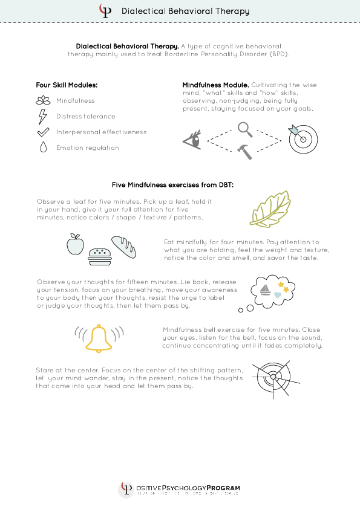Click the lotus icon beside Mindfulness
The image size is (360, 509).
(x=42, y=100)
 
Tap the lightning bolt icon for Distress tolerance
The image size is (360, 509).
(x=42, y=116)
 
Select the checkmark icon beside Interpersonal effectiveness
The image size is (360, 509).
(x=42, y=132)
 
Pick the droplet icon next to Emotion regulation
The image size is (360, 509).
(x=42, y=148)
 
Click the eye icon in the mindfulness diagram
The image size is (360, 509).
(x=192, y=141)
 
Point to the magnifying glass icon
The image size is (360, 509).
(x=245, y=129)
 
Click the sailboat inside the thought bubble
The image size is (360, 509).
(x=264, y=290)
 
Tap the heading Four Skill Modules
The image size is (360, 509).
(x=67, y=85)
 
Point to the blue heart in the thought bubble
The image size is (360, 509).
(x=278, y=294)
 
